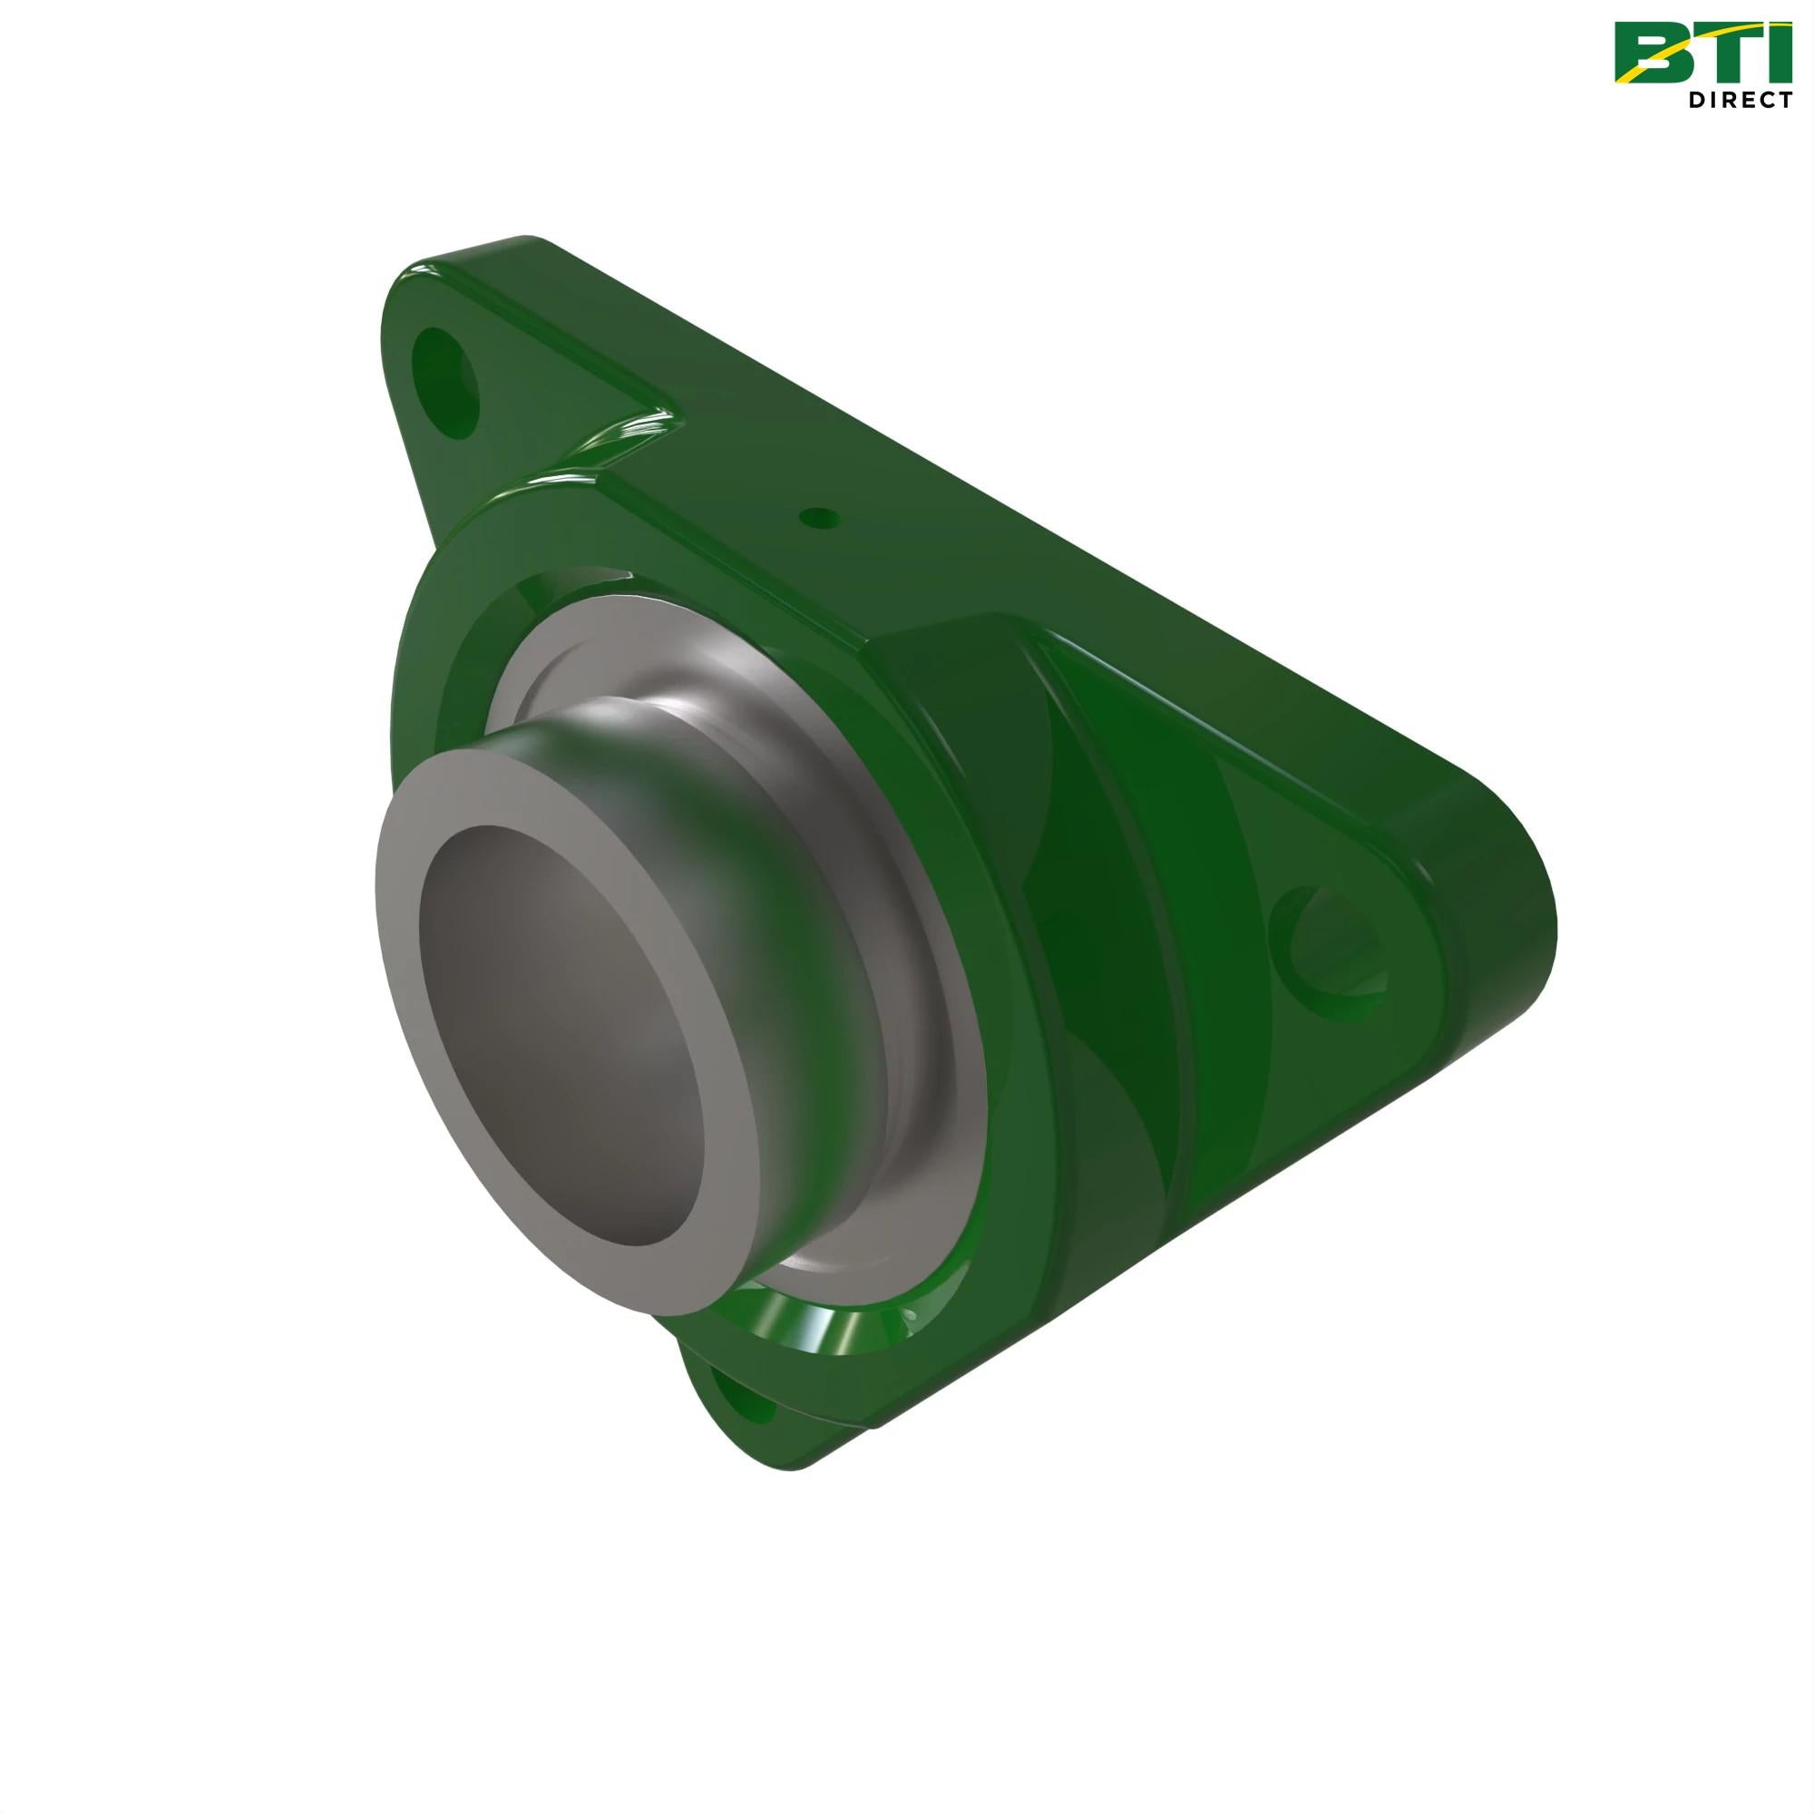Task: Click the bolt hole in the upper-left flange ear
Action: coord(448,380)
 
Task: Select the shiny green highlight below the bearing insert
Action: coord(826,1314)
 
